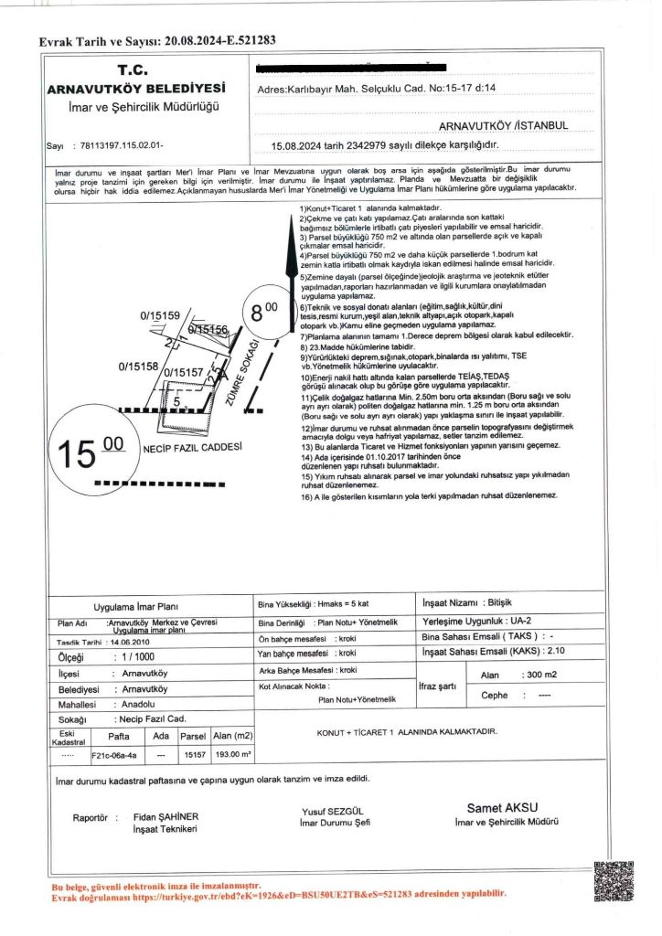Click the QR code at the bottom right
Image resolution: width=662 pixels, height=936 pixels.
(x=614, y=881)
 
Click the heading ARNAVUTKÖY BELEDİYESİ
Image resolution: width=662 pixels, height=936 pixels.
(x=136, y=89)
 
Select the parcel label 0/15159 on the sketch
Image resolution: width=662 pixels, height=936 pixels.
(x=159, y=315)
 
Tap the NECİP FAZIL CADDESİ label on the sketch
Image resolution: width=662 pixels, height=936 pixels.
(x=192, y=448)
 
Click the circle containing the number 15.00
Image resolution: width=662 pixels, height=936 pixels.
(x=91, y=452)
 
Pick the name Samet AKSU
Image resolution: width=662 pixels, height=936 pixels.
(x=502, y=807)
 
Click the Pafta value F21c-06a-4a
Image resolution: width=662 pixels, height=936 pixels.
(x=114, y=756)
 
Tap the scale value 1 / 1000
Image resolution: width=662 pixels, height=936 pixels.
(x=133, y=656)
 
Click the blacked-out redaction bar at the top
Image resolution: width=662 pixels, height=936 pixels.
(x=352, y=67)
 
